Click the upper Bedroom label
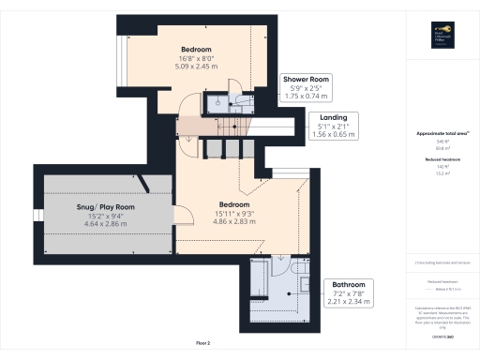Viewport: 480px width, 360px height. click(x=196, y=49)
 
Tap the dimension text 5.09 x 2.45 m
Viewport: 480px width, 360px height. click(x=196, y=67)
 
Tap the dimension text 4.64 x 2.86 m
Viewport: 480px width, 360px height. click(x=105, y=224)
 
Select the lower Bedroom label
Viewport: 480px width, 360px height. click(x=234, y=204)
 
